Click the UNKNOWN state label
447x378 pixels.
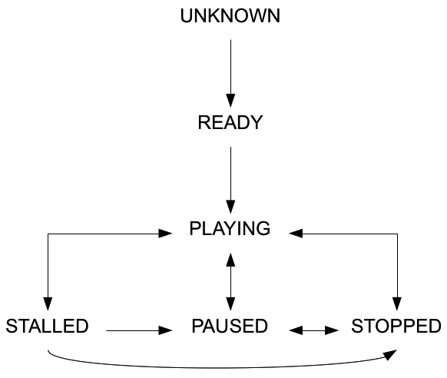230,16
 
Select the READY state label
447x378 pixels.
230,123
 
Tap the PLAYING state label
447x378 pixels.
230,229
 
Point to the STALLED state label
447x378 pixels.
47,326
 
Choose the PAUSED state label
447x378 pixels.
230,326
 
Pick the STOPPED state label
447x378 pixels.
396,326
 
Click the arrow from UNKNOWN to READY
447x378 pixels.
230,69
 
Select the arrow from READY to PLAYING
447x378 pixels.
230,177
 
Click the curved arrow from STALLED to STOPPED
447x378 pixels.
215,366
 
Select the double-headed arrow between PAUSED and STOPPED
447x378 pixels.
313,330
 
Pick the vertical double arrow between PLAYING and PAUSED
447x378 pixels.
230,278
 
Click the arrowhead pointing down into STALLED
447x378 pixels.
48,301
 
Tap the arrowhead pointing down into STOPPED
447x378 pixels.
397,301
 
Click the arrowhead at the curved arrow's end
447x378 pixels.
392,354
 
